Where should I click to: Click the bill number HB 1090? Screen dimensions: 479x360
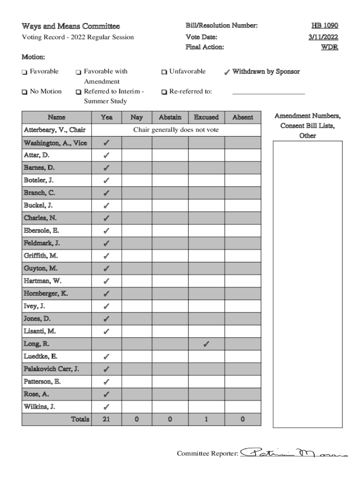click(x=324, y=26)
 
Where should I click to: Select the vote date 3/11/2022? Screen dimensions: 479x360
click(x=323, y=37)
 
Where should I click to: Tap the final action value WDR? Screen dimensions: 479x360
click(x=329, y=47)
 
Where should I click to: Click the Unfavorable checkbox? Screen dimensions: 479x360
click(x=164, y=72)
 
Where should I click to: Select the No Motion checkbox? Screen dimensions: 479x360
click(x=24, y=92)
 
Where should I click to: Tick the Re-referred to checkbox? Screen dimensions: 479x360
click(x=164, y=92)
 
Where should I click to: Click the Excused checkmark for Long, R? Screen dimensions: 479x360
click(x=206, y=345)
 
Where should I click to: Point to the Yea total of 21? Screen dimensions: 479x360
click(x=107, y=420)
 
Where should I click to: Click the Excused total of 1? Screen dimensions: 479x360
click(x=206, y=420)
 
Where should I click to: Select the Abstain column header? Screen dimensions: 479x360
click(x=170, y=117)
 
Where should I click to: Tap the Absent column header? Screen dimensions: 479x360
click(x=243, y=117)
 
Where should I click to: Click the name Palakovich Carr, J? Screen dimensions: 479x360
click(x=51, y=369)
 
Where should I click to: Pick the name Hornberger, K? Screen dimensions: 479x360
click(x=46, y=294)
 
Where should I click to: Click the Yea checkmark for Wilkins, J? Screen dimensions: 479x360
click(x=107, y=407)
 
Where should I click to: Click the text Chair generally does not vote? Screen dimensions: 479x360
click(x=176, y=130)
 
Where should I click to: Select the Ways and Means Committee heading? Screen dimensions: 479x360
click(x=71, y=26)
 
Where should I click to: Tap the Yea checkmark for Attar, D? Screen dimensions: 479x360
click(x=107, y=155)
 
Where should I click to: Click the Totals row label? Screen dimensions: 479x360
click(x=80, y=420)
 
